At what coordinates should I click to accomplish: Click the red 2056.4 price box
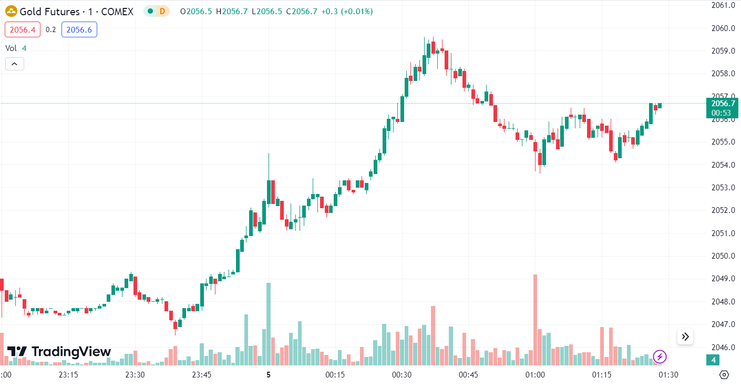click(x=23, y=30)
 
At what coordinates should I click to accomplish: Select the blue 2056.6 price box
click(x=79, y=30)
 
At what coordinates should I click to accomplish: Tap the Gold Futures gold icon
click(x=11, y=11)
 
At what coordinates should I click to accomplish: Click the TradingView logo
click(x=59, y=352)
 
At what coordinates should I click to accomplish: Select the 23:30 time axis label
click(x=135, y=375)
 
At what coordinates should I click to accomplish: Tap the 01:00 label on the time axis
click(x=535, y=375)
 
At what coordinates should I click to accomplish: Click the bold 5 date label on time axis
click(x=268, y=375)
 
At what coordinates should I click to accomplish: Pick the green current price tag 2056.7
click(x=722, y=103)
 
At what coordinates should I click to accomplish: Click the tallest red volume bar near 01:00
click(x=535, y=320)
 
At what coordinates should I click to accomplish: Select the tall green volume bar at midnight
click(x=269, y=323)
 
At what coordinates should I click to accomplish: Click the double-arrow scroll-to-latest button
click(x=685, y=336)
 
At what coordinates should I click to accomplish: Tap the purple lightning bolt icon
click(x=660, y=358)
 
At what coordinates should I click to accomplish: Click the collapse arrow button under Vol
click(x=15, y=64)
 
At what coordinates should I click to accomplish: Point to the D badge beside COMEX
click(x=162, y=11)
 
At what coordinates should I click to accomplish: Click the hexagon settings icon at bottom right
click(x=724, y=375)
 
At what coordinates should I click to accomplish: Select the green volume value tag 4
click(x=713, y=360)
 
